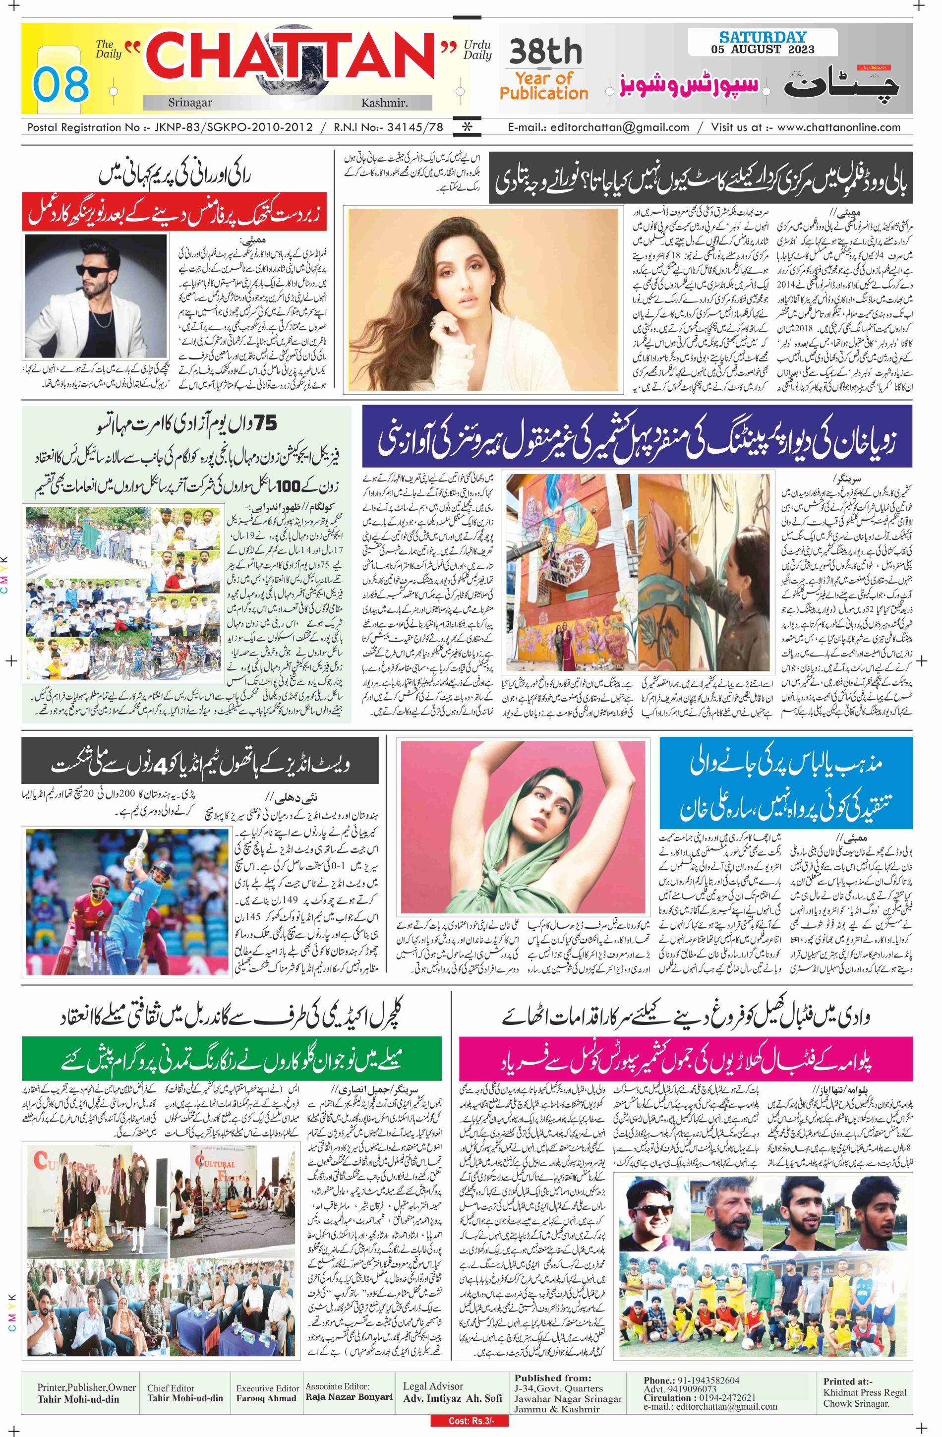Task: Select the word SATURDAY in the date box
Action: tap(754, 37)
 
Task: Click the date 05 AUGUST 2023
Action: tap(754, 50)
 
